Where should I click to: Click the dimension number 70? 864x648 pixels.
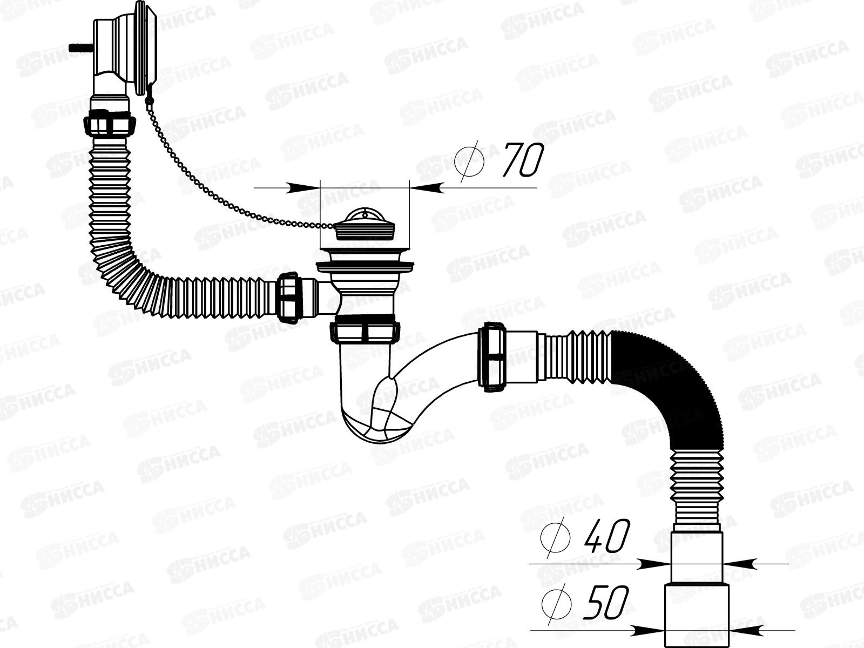521,160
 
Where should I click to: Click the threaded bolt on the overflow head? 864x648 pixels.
77,48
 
